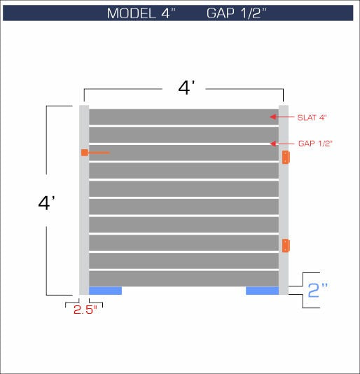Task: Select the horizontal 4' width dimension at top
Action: (x=186, y=88)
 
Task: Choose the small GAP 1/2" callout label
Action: (x=315, y=143)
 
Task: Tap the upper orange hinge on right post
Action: (x=285, y=158)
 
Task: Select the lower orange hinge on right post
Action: (x=285, y=245)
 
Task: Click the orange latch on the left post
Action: (x=85, y=153)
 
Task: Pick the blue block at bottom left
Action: (x=105, y=291)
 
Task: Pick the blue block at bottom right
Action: (x=263, y=291)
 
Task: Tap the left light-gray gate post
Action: (x=84, y=210)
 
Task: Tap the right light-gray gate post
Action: (x=284, y=203)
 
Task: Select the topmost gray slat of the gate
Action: (x=184, y=116)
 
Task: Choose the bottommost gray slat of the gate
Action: (x=184, y=279)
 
